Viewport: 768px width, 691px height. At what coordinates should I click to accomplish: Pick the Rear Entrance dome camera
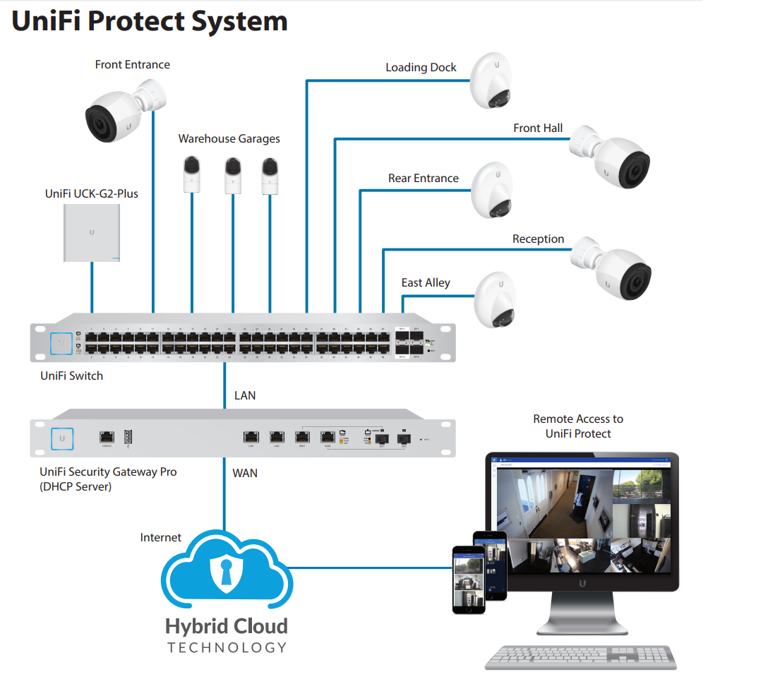[x=495, y=189]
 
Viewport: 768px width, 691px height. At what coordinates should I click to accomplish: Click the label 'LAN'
[x=245, y=395]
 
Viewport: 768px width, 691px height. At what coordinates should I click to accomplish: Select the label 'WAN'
[x=245, y=473]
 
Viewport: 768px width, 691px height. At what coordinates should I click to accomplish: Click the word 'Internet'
[x=160, y=537]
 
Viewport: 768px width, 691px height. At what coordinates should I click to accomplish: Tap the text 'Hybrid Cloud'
[x=227, y=626]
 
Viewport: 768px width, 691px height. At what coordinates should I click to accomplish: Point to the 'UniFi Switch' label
[x=71, y=375]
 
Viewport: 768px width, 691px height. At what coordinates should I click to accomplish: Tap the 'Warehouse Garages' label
[x=229, y=138]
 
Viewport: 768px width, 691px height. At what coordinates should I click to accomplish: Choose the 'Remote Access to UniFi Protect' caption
[x=578, y=426]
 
